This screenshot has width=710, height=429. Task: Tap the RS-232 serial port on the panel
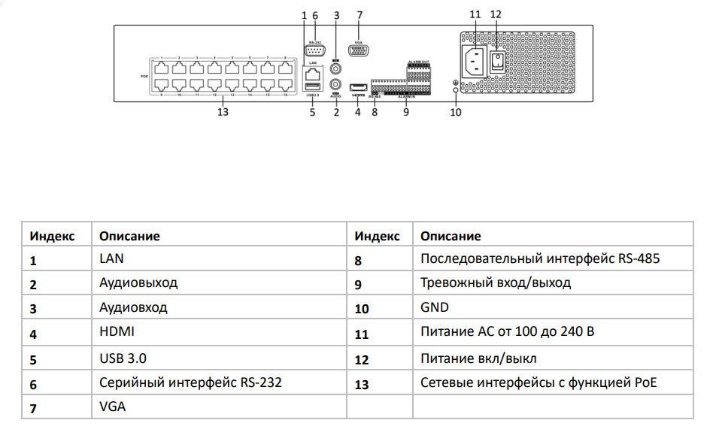[x=314, y=51]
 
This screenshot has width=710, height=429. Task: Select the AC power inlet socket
[x=475, y=61]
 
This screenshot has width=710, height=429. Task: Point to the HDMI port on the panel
[x=359, y=86]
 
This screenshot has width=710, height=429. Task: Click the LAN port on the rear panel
[x=312, y=74]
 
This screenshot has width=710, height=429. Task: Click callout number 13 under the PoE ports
[x=222, y=113]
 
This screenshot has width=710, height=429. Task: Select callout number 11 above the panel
[x=475, y=14]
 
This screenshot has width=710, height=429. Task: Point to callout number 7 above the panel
[x=360, y=14]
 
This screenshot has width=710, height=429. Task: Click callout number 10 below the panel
[x=455, y=113]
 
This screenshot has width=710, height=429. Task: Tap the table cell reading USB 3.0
[x=119, y=358]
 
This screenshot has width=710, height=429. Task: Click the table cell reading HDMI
[x=114, y=331]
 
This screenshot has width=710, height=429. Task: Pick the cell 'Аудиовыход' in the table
[x=138, y=283]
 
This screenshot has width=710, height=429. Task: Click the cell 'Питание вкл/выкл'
[x=478, y=358]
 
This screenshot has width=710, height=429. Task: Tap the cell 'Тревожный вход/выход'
[x=496, y=283]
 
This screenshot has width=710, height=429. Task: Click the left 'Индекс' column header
[x=53, y=236]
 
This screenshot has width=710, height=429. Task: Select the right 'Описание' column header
[x=451, y=236]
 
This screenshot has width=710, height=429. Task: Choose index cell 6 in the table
[x=34, y=384]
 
